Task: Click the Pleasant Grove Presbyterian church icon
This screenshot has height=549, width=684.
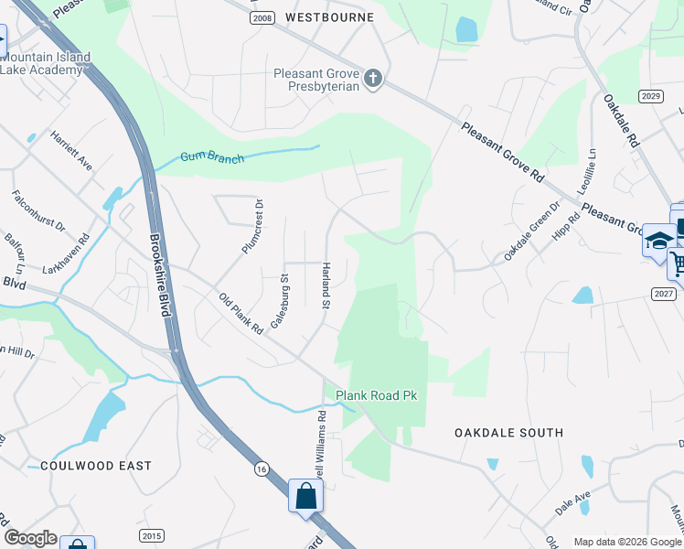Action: point(372,79)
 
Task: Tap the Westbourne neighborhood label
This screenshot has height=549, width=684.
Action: point(329,17)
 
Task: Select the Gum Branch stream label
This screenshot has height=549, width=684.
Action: point(212,157)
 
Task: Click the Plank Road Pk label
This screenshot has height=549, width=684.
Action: point(376,395)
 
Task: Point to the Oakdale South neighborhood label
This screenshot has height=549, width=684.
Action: point(508,432)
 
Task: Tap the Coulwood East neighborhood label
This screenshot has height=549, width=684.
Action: point(95,466)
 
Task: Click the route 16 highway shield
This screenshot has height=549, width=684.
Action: point(262,469)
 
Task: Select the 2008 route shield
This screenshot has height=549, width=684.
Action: point(262,17)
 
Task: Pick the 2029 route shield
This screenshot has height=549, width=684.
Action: point(651,97)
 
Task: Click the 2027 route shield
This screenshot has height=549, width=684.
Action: point(665,293)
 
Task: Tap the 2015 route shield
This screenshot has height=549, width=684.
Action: point(152,535)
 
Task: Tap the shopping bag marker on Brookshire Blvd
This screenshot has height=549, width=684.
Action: point(306,497)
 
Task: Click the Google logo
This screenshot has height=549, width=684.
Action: point(30,538)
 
